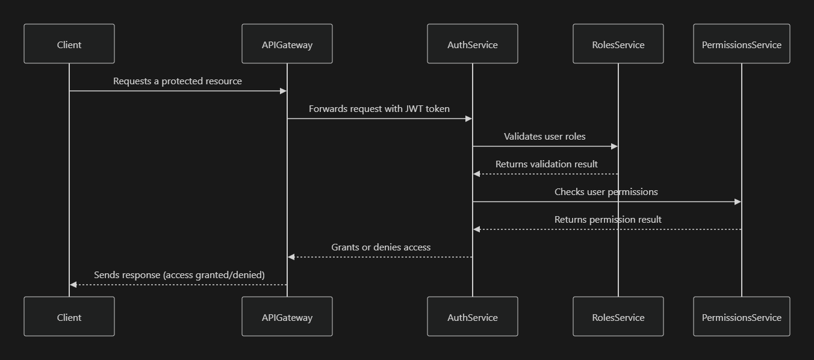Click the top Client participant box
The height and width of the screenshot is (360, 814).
click(x=69, y=44)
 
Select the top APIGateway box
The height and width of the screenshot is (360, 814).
click(x=287, y=44)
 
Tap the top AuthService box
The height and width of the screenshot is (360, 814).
click(x=473, y=44)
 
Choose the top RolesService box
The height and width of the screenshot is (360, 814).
click(x=618, y=44)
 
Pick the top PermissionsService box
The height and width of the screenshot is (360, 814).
click(x=741, y=44)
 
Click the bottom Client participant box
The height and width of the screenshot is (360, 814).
click(x=69, y=317)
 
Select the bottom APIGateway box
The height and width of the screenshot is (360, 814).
click(x=287, y=317)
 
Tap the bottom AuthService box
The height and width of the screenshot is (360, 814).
click(x=473, y=317)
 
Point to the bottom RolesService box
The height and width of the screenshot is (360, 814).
click(x=618, y=317)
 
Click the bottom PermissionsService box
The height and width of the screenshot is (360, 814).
click(x=741, y=317)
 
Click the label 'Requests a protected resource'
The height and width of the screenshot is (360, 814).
click(x=178, y=81)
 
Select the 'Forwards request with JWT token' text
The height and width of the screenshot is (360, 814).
click(x=379, y=109)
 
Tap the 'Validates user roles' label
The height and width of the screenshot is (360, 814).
click(x=545, y=137)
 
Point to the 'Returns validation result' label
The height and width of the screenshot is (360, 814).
click(x=547, y=164)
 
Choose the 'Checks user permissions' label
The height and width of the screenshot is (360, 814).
click(x=606, y=192)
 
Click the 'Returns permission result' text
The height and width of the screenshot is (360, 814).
click(x=608, y=220)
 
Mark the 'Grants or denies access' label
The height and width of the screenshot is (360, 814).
click(x=381, y=247)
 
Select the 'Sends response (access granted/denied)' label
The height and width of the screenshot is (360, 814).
click(x=179, y=275)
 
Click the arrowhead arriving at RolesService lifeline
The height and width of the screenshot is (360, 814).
click(x=614, y=146)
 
